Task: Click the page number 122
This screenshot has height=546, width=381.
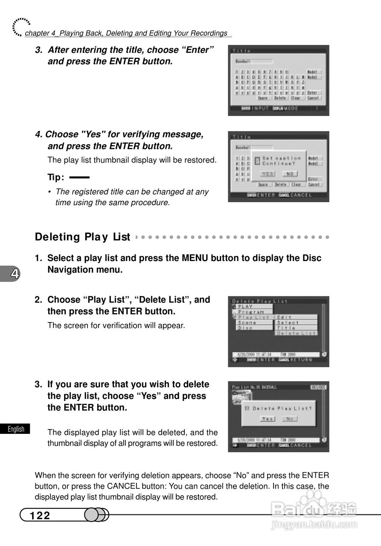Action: tap(40, 516)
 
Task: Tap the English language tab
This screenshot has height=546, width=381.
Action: tap(16, 429)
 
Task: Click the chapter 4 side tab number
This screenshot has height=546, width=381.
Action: tap(15, 274)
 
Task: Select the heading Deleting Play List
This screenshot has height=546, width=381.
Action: tap(82, 237)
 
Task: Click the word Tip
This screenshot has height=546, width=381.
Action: tap(55, 177)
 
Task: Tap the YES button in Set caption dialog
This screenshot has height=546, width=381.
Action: tap(268, 174)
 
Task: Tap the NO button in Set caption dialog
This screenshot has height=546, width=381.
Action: tap(290, 174)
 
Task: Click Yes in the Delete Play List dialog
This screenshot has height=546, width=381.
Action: tap(268, 419)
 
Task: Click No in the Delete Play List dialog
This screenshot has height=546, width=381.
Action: tap(289, 419)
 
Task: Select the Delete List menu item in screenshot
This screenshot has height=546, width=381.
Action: tap(297, 333)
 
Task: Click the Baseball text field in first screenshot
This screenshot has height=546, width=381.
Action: tap(254, 61)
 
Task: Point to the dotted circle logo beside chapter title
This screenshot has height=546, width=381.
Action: tap(20, 26)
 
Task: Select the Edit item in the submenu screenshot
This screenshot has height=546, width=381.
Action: tap(285, 317)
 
